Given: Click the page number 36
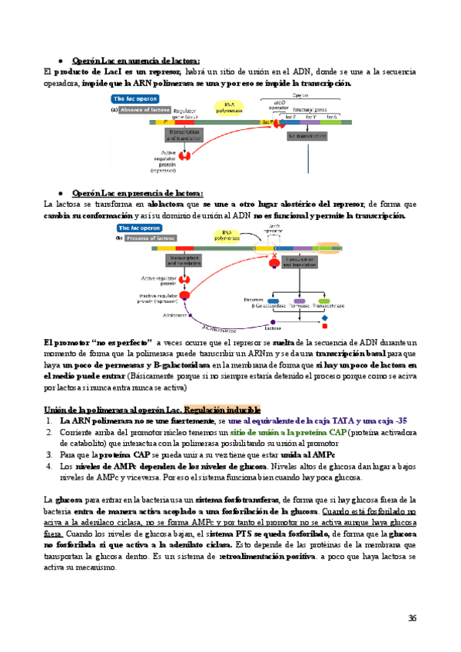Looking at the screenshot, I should [x=413, y=617].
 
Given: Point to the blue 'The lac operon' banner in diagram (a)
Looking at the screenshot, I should [x=135, y=99].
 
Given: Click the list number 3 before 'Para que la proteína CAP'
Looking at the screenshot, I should [x=48, y=454].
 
